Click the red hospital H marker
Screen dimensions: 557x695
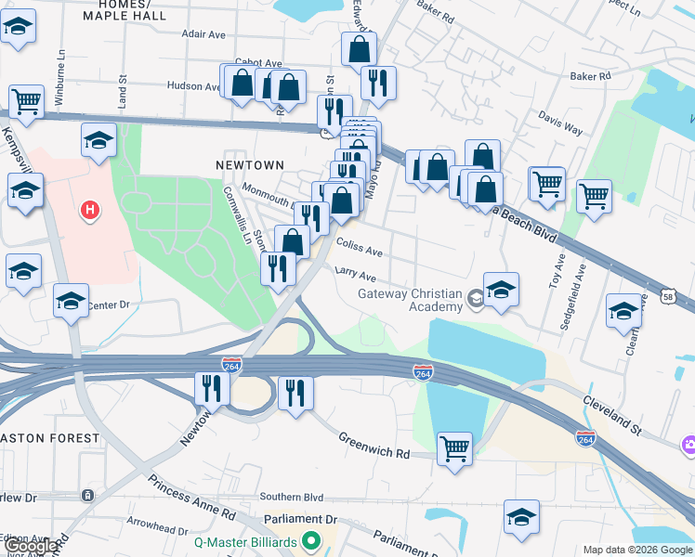point(90,212)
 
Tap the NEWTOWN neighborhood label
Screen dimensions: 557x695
point(250,164)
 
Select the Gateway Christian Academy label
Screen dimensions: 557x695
point(411,301)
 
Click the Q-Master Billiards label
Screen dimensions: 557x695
point(245,541)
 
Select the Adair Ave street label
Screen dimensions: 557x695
point(204,34)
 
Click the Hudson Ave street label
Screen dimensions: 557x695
point(192,85)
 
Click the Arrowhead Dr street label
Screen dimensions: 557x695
point(157,529)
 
